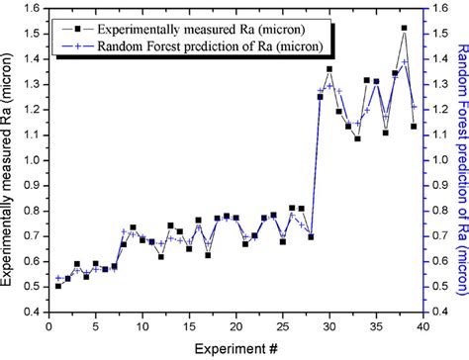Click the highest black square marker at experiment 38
[404, 28]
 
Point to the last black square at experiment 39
[414, 126]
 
